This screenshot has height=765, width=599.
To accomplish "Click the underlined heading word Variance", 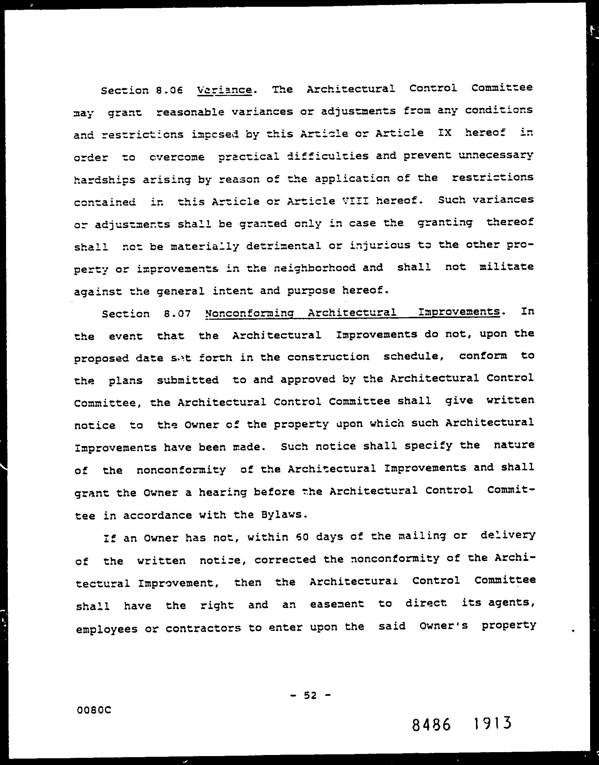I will point(224,89).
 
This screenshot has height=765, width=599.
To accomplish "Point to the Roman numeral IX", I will point(444,133).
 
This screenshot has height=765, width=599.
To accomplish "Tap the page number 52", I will point(310,695).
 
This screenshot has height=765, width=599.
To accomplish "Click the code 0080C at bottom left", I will point(94,710).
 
